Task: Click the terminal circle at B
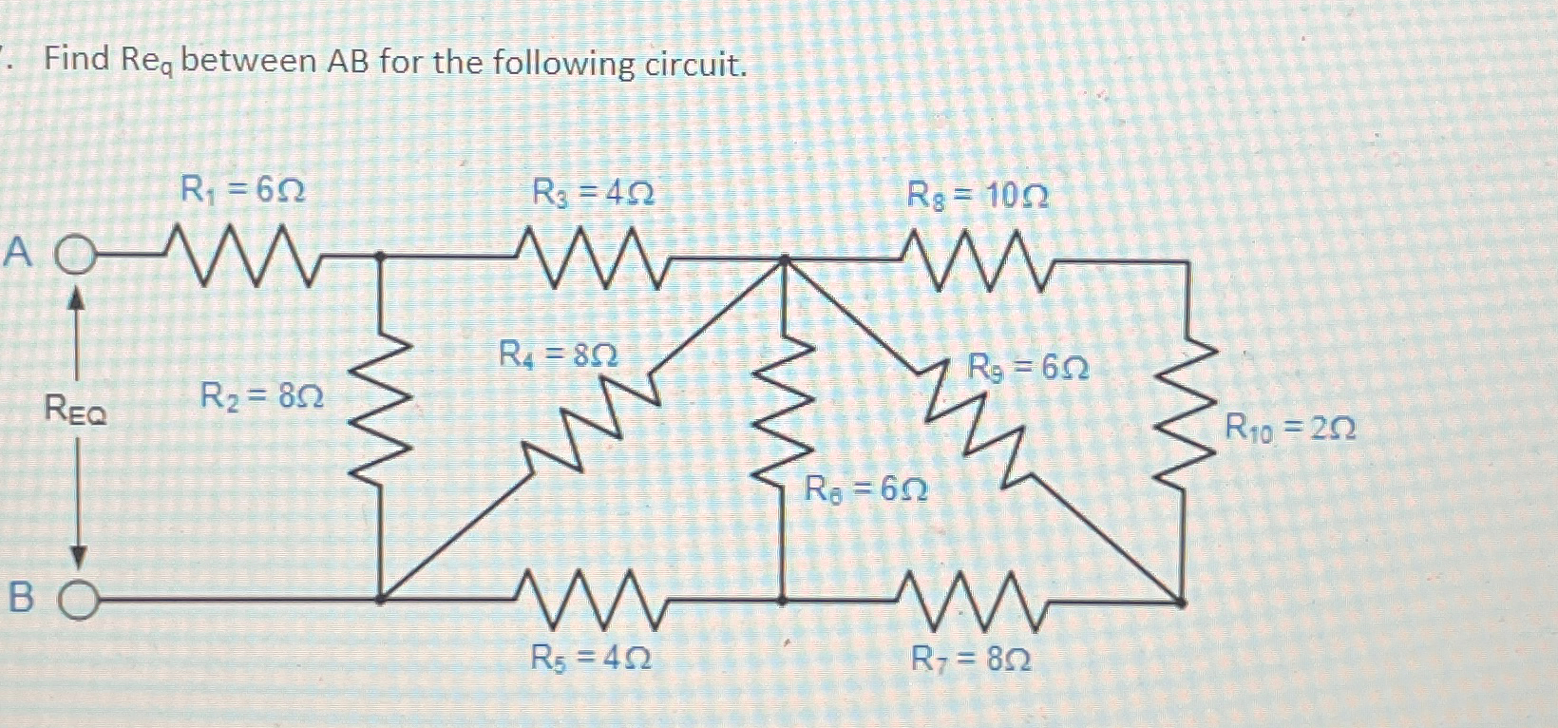[80, 600]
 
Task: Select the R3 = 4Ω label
[593, 195]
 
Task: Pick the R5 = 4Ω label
[591, 658]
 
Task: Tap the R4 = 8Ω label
[559, 356]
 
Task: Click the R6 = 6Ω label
[865, 489]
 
